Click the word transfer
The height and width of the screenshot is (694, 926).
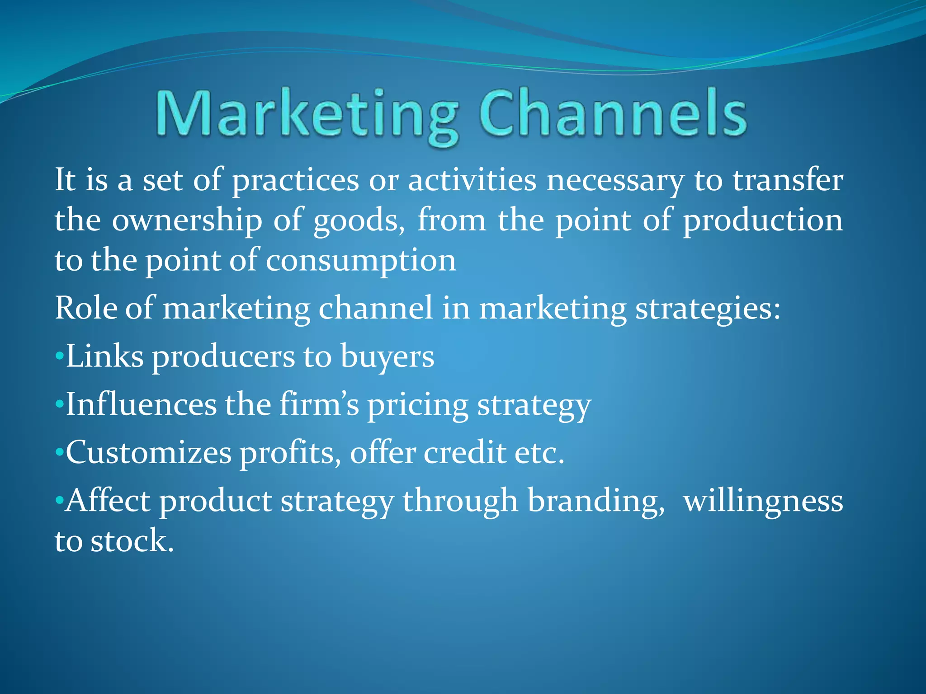(787, 180)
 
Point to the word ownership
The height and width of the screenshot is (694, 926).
(187, 220)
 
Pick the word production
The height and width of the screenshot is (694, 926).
(762, 220)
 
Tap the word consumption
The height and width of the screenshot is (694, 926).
(360, 261)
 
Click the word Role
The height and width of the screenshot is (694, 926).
(85, 308)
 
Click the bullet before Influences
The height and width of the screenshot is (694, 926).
(59, 405)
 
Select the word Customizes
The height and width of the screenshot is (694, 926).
(149, 453)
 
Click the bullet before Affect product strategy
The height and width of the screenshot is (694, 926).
(59, 501)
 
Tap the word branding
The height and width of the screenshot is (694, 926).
(596, 502)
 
